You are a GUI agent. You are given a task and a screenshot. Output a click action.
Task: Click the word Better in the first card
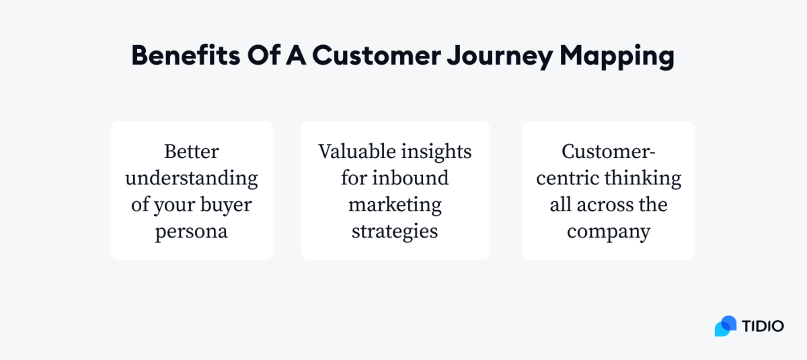[x=192, y=151]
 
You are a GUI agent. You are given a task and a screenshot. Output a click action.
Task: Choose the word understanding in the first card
[x=192, y=178]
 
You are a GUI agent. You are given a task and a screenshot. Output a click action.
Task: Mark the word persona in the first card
[x=192, y=232]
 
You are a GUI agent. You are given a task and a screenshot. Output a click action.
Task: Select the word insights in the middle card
[x=436, y=151]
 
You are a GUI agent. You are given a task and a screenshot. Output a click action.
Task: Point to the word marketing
[x=395, y=205]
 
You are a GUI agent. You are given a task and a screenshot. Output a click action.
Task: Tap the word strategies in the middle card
[x=395, y=232]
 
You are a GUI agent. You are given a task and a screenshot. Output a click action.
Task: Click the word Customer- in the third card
[x=609, y=151]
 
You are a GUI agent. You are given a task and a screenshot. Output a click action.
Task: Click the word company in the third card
[x=609, y=232]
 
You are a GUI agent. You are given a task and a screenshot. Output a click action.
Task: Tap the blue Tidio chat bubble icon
[x=726, y=326]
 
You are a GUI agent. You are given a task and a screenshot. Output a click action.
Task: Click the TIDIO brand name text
[x=763, y=326]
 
